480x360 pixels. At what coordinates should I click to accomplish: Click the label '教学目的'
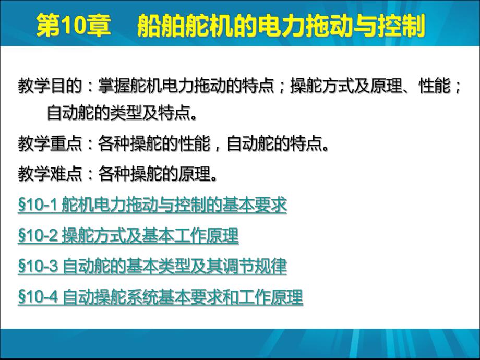click(50, 87)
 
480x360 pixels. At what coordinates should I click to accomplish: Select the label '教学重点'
click(50, 143)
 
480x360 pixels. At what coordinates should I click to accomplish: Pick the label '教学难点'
click(50, 174)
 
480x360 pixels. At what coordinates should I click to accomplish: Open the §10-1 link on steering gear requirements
click(152, 205)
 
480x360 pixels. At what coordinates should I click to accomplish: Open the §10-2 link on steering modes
click(128, 236)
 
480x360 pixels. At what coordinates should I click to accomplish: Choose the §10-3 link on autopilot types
click(152, 267)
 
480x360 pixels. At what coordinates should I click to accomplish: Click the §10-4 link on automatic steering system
click(160, 297)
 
